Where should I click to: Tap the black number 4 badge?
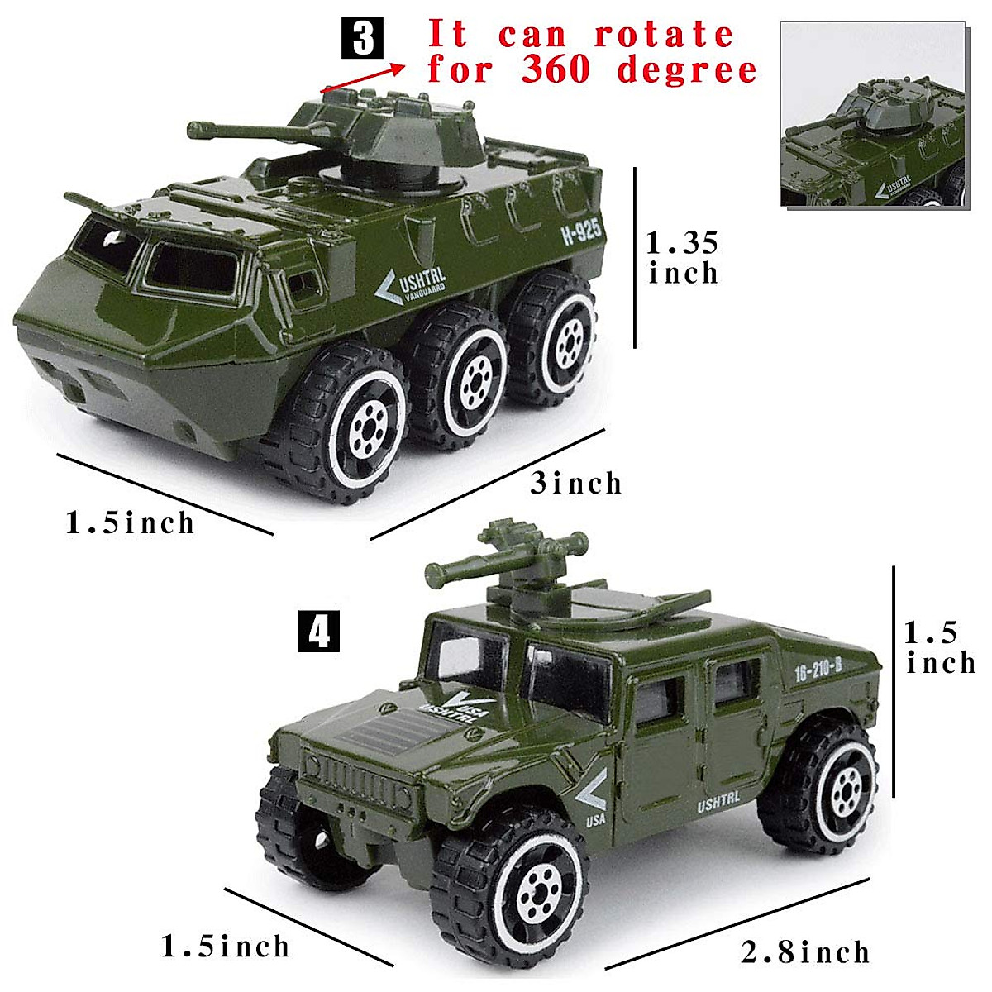click(318, 632)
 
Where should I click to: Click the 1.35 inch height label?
click(682, 257)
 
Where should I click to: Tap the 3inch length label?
click(575, 483)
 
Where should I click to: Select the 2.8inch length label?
click(805, 951)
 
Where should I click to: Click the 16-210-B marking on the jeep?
click(817, 670)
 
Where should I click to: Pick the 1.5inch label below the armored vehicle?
click(131, 522)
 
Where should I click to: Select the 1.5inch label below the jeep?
click(225, 946)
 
